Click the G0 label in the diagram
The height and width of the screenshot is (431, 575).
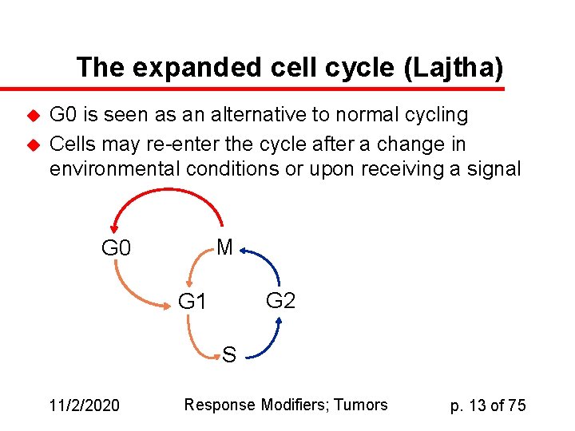(116, 248)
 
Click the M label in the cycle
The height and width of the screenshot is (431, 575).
(224, 247)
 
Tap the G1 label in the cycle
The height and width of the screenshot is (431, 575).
(192, 302)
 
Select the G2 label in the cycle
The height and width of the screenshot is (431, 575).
(280, 301)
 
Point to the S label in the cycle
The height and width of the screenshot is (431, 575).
(229, 354)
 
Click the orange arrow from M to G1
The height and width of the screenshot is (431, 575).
(196, 267)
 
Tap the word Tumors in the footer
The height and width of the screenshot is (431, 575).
(360, 405)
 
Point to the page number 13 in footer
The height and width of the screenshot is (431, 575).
(478, 405)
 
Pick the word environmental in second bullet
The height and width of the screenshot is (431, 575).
(115, 169)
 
